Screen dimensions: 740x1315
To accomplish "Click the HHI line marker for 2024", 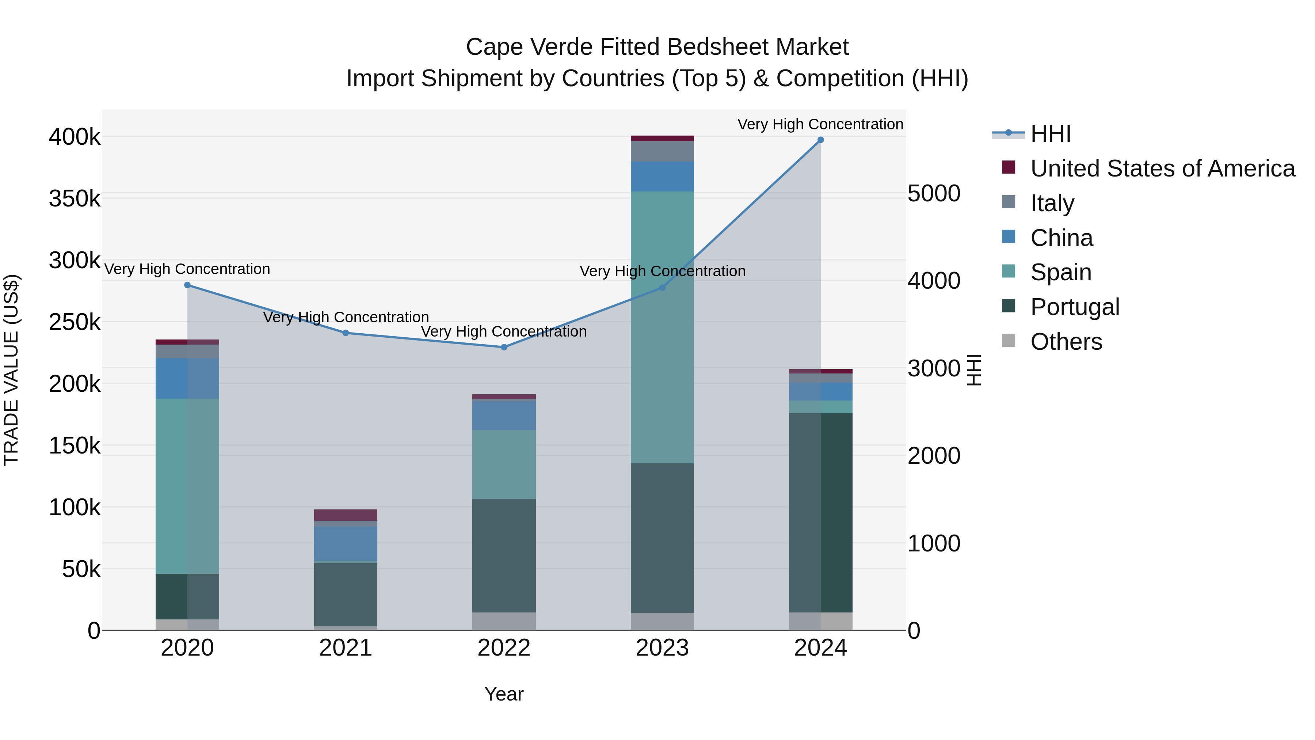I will pos(820,140).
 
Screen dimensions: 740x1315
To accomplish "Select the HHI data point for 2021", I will pos(346,333).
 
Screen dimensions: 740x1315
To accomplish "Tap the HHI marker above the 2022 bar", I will pos(504,347).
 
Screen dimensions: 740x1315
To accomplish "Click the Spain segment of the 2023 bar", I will pos(662,327).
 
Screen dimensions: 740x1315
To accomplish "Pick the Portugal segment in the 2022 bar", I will pos(504,555).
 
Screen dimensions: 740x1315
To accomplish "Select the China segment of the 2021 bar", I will pos(346,544).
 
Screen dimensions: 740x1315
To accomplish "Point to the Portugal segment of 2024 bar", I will pos(820,512).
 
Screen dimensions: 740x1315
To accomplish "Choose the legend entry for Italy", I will pos(1052,203).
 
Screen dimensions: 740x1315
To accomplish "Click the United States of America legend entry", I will pos(1162,168).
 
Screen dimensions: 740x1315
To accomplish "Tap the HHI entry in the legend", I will pos(1050,134).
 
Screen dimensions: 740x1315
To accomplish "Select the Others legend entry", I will pos(1066,342).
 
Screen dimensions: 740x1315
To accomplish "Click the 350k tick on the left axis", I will pos(75,199).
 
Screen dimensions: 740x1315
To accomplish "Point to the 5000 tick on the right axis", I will pos(934,194).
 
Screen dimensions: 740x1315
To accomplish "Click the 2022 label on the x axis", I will pos(504,648).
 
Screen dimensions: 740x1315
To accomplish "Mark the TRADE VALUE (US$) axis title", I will pos(12,370).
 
